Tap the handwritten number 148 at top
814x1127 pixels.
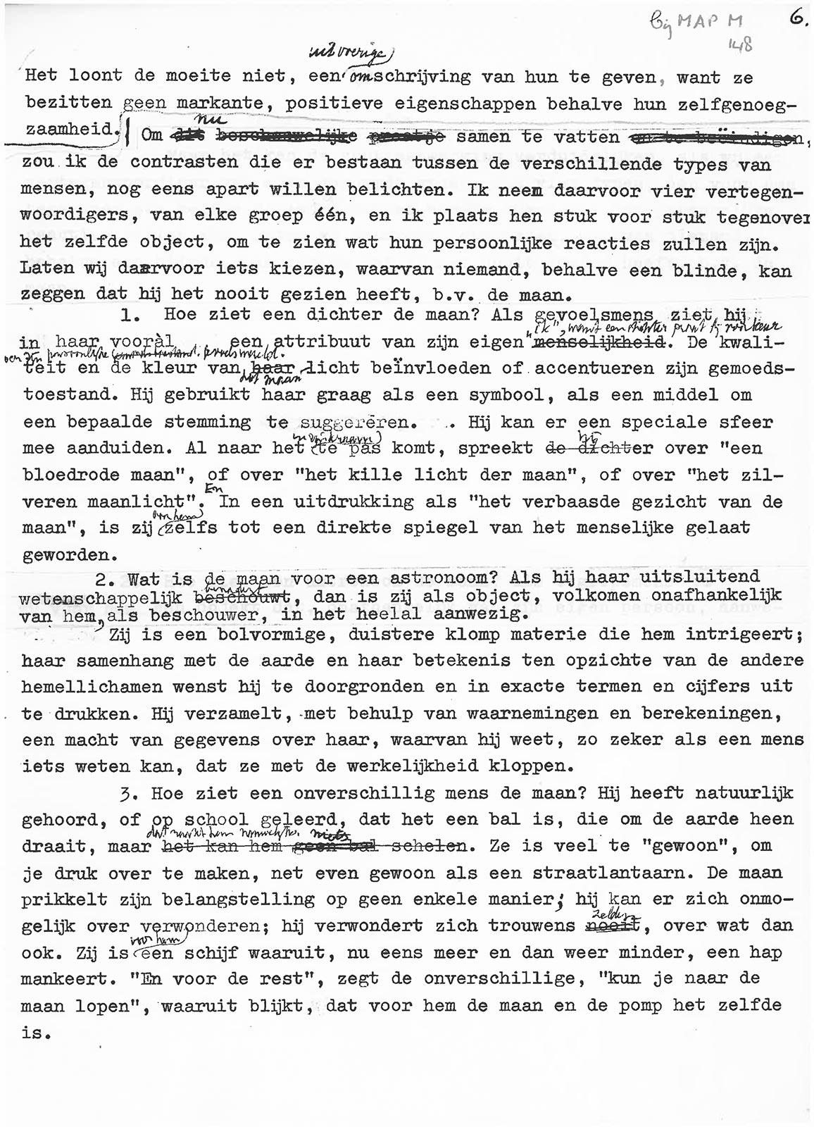pyautogui.click(x=741, y=46)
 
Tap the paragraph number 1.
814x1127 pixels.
pyautogui.click(x=128, y=315)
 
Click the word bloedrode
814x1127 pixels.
pyautogui.click(x=80, y=475)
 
